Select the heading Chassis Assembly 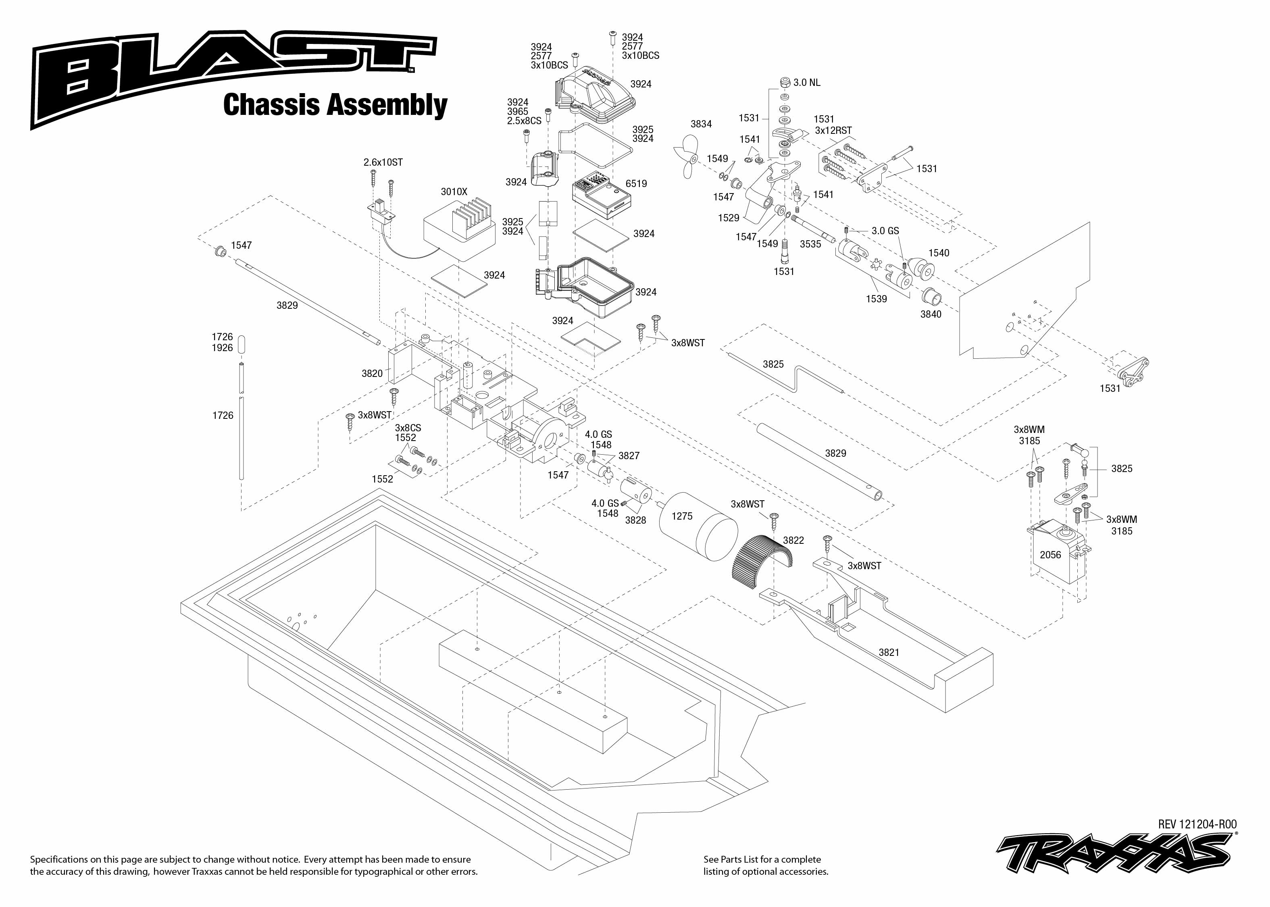[335, 105]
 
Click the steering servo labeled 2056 [1057, 553]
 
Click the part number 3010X [454, 191]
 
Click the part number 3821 [889, 652]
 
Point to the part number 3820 [372, 373]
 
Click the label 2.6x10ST [383, 162]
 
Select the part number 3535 [810, 244]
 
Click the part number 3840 [931, 314]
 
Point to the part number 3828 [635, 520]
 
